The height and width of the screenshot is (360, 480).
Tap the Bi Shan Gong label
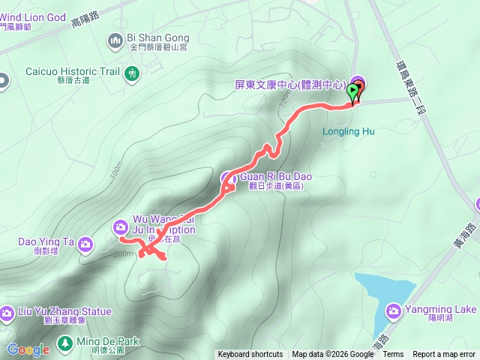coord(158,37)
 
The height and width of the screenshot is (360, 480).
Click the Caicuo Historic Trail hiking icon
coord(132,73)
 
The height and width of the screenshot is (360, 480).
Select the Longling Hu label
coord(348,131)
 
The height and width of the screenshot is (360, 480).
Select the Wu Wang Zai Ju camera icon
coord(120,226)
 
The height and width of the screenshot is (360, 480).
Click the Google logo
coord(28,349)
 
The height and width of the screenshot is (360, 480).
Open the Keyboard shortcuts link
coord(250,355)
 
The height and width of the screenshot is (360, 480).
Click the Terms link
coord(393,355)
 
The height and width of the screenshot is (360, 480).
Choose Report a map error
coord(444,355)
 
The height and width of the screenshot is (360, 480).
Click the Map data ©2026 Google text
coord(332,355)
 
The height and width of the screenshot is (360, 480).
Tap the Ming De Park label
coord(108,341)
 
